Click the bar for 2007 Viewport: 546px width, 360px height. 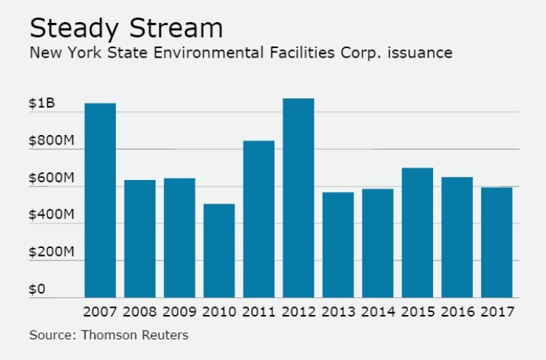tap(100, 200)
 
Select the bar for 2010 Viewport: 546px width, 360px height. tap(219, 251)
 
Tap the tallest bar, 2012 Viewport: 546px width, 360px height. tap(298, 198)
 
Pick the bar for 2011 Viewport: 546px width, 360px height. tap(259, 219)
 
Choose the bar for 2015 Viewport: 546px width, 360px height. tap(417, 232)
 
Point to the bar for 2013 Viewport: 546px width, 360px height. tap(338, 245)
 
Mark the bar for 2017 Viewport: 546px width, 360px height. tap(497, 242)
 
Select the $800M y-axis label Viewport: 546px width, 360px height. tap(51, 141)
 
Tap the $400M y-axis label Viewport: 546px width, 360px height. tap(51, 215)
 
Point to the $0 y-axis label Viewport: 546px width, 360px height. tap(37, 289)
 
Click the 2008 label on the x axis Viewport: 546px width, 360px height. tap(139, 312)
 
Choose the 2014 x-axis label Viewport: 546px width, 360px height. tap(378, 312)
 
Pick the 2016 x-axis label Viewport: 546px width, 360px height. tap(457, 312)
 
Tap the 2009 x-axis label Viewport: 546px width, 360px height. tap(179, 312)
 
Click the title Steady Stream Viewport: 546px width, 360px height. tap(125, 28)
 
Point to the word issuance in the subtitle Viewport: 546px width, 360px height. tap(421, 53)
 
